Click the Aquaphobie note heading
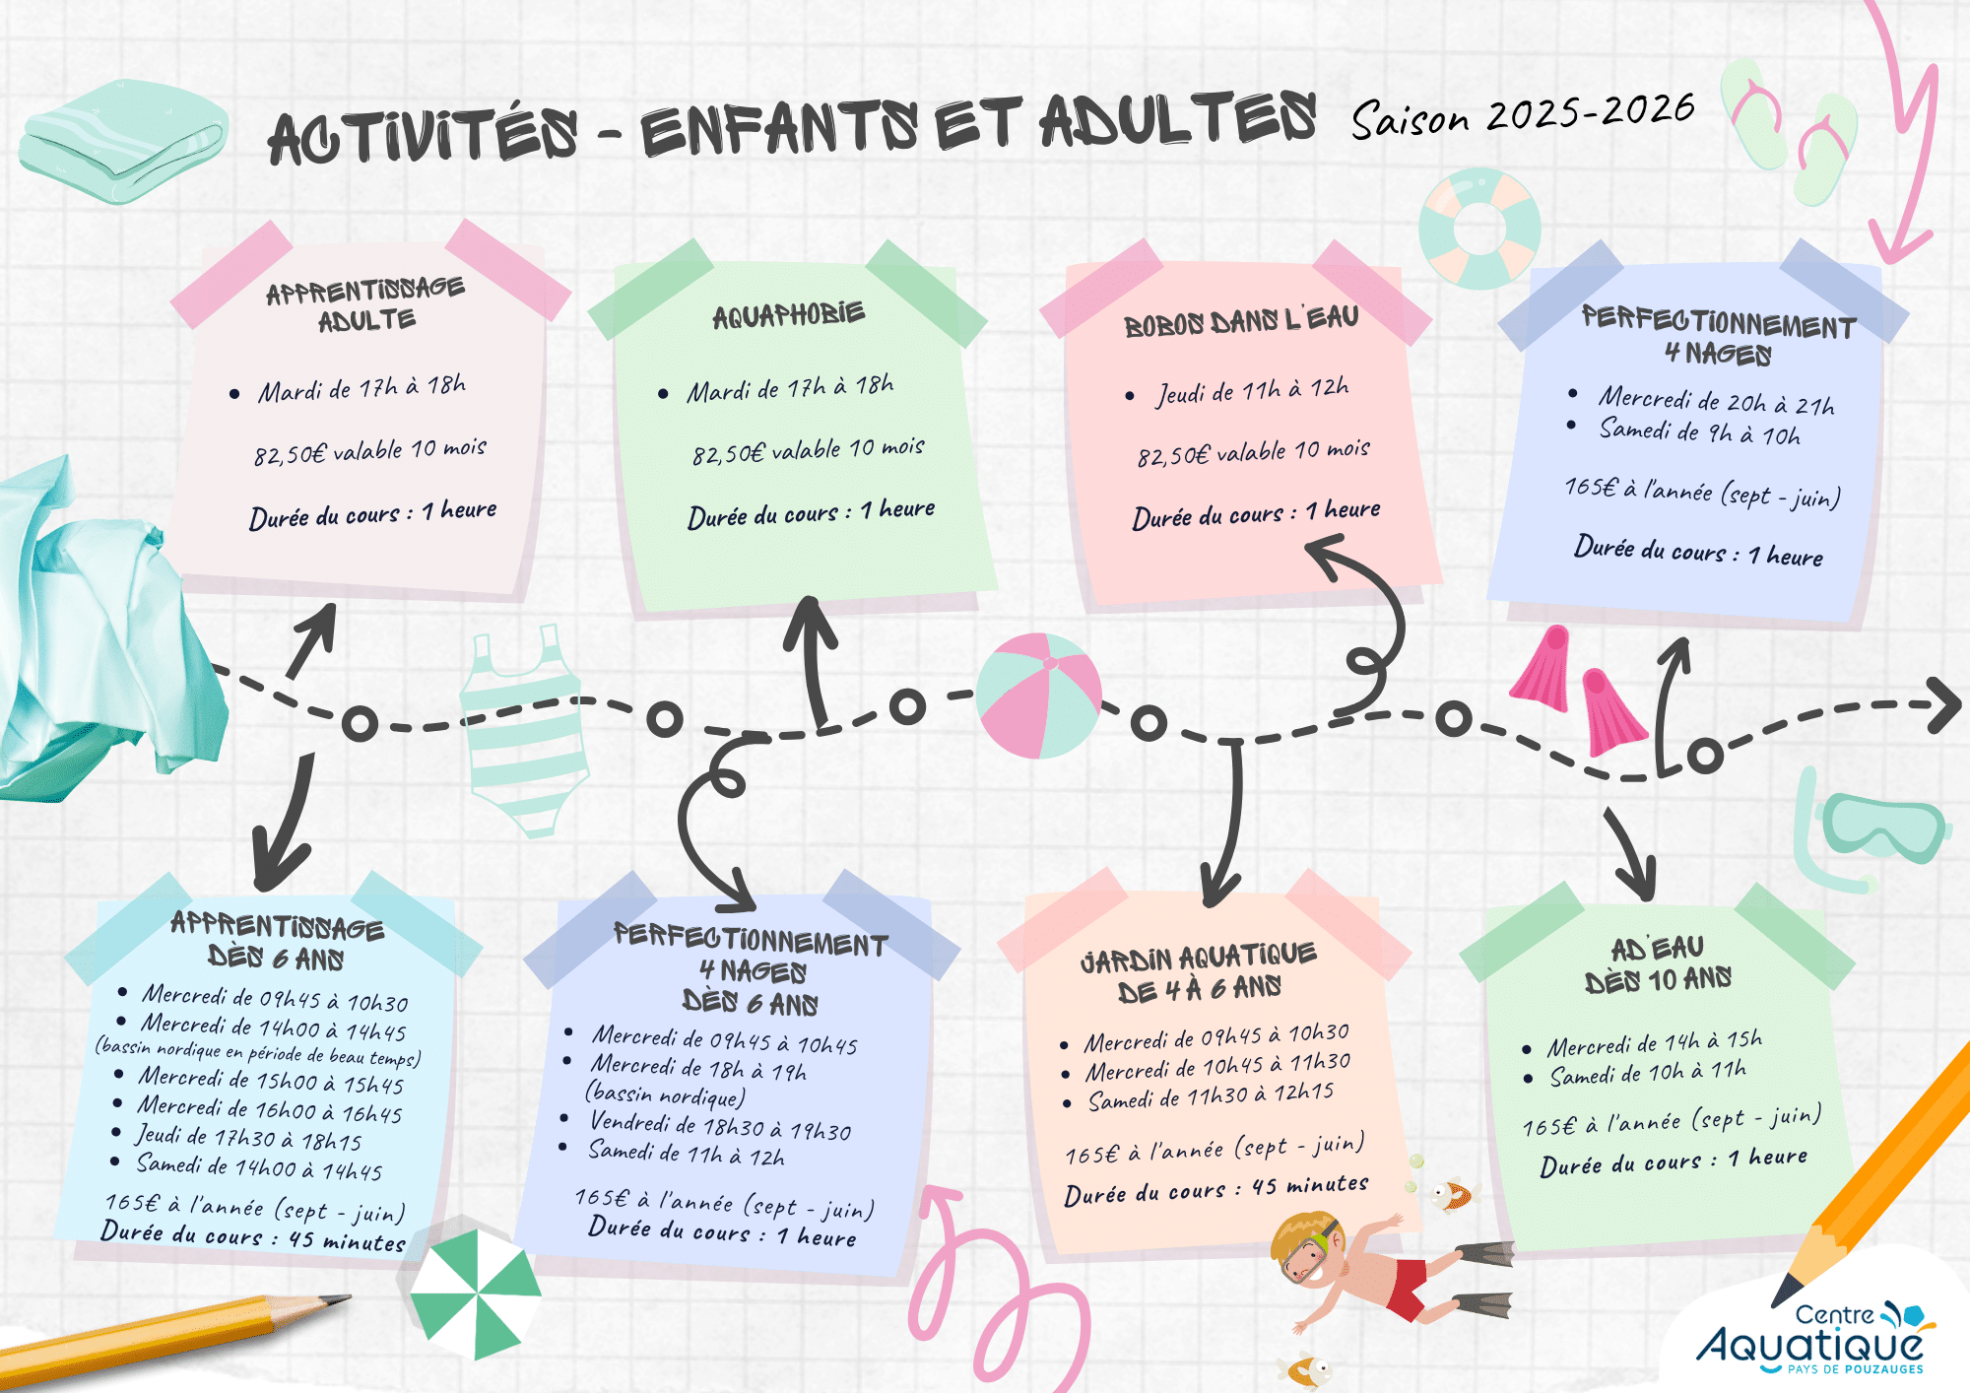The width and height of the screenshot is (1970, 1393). coord(788,315)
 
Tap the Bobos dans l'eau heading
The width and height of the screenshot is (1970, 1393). coord(1241,321)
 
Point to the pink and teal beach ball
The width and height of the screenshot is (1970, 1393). coord(1039,696)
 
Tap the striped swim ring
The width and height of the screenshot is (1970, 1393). coord(1478,229)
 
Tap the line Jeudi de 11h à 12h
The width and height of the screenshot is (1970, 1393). coord(1251,392)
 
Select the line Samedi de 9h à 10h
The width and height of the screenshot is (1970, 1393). coord(1699,431)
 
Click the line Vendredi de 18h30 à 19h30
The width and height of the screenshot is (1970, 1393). coord(720,1126)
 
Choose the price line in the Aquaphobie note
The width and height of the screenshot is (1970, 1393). coord(808,450)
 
